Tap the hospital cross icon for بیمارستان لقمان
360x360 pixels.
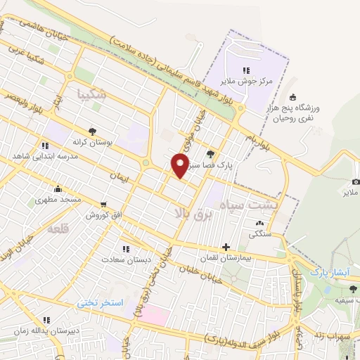[x=225, y=247]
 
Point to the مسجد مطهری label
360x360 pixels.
[x=62, y=200]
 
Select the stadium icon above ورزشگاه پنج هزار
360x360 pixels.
[x=292, y=97]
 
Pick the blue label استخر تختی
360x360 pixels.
[x=100, y=302]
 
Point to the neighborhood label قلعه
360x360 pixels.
[x=58, y=230]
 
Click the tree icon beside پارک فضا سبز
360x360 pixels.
[x=210, y=154]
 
